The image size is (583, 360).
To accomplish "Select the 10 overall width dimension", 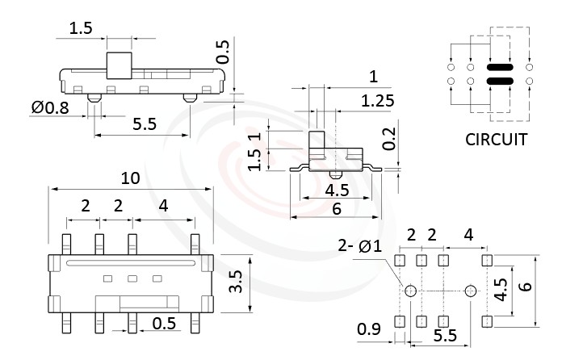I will [131, 178].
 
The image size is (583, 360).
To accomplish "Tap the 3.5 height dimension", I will [236, 282].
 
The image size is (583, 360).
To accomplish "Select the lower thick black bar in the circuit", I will [501, 82].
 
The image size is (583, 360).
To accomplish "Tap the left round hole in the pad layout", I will [409, 291].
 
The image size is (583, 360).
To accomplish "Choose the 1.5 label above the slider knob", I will [81, 28].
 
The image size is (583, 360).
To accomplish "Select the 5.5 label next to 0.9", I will [442, 333].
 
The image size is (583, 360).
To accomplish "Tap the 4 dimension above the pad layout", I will [468, 235].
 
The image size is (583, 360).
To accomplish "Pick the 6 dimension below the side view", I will [336, 208].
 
